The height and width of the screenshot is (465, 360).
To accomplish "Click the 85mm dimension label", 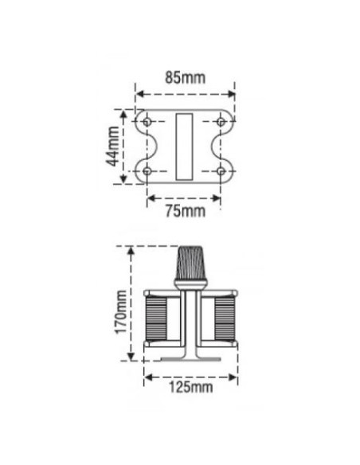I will pos(184,78).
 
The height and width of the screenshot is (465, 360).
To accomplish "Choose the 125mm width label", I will pos(191,387).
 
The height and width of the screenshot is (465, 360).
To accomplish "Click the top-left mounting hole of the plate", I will pos(147,122).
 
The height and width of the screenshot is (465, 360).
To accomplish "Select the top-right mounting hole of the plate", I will pos(221,122).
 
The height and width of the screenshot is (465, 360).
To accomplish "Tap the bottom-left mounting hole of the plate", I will pos(147,170).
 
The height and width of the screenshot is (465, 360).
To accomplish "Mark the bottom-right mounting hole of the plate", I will pos(221,170).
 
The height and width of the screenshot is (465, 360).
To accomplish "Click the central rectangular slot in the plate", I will pos(184,146).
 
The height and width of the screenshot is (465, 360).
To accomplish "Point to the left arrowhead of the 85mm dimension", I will pos(139,93).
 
